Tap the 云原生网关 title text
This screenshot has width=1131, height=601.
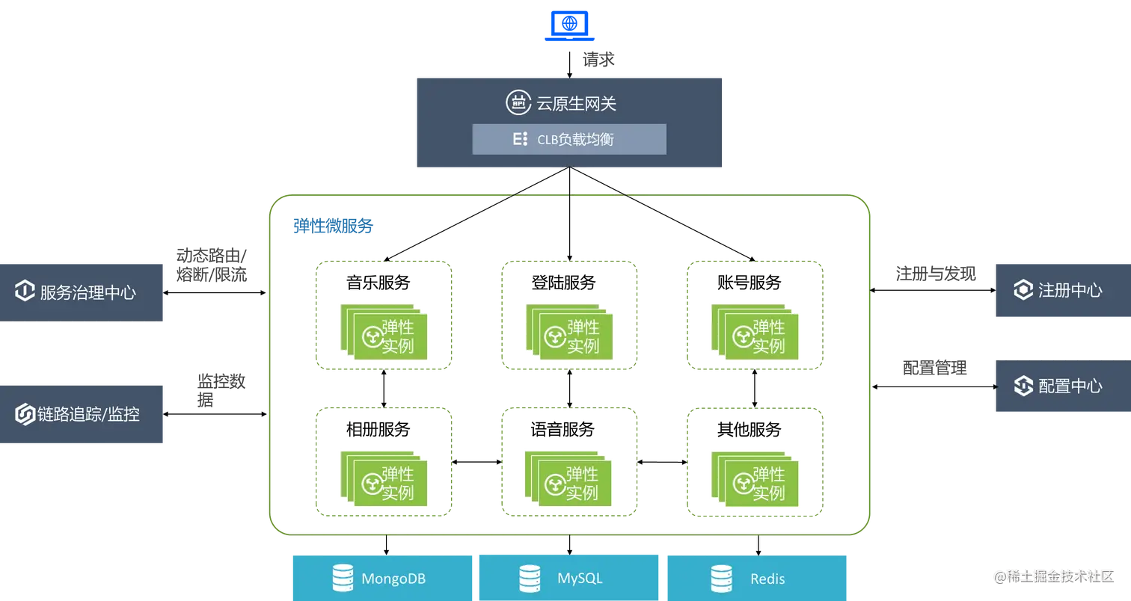click(x=576, y=104)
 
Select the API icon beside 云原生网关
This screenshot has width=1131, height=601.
click(x=518, y=103)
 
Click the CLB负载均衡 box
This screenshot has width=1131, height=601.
click(x=568, y=139)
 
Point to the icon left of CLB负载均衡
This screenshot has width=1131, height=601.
click(x=520, y=139)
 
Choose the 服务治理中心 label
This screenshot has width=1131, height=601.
click(x=88, y=292)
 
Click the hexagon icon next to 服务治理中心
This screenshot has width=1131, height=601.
click(x=25, y=291)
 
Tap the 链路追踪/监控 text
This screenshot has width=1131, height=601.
click(x=88, y=414)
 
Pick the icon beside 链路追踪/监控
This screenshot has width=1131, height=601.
click(x=25, y=414)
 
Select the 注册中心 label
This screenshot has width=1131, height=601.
click(x=1070, y=290)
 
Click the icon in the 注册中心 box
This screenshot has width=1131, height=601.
click(x=1023, y=290)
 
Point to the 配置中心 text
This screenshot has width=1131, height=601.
click(x=1070, y=386)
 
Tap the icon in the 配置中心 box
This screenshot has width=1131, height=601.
click(x=1023, y=386)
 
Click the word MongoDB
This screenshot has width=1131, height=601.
click(x=394, y=579)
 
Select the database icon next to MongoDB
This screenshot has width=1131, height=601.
click(x=343, y=578)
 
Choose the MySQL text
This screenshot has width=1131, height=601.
click(x=580, y=579)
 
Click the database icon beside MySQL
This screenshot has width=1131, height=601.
click(x=530, y=578)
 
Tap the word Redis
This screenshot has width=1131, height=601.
click(x=767, y=579)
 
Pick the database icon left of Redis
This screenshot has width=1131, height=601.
click(x=721, y=578)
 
